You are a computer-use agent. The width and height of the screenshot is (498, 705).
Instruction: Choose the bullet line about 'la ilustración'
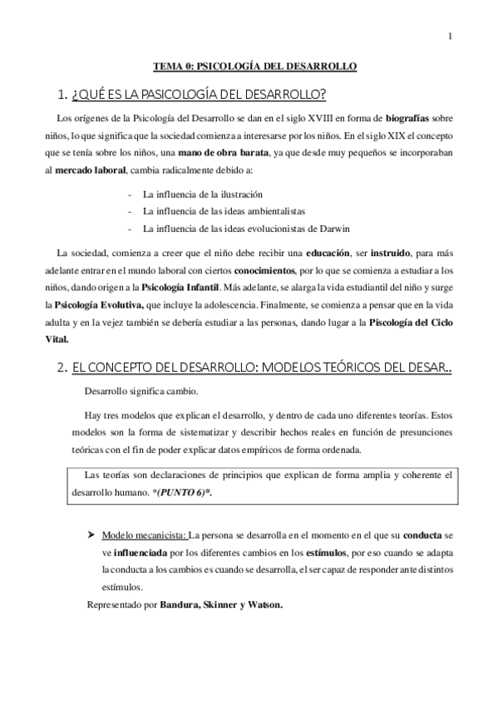click(196, 194)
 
